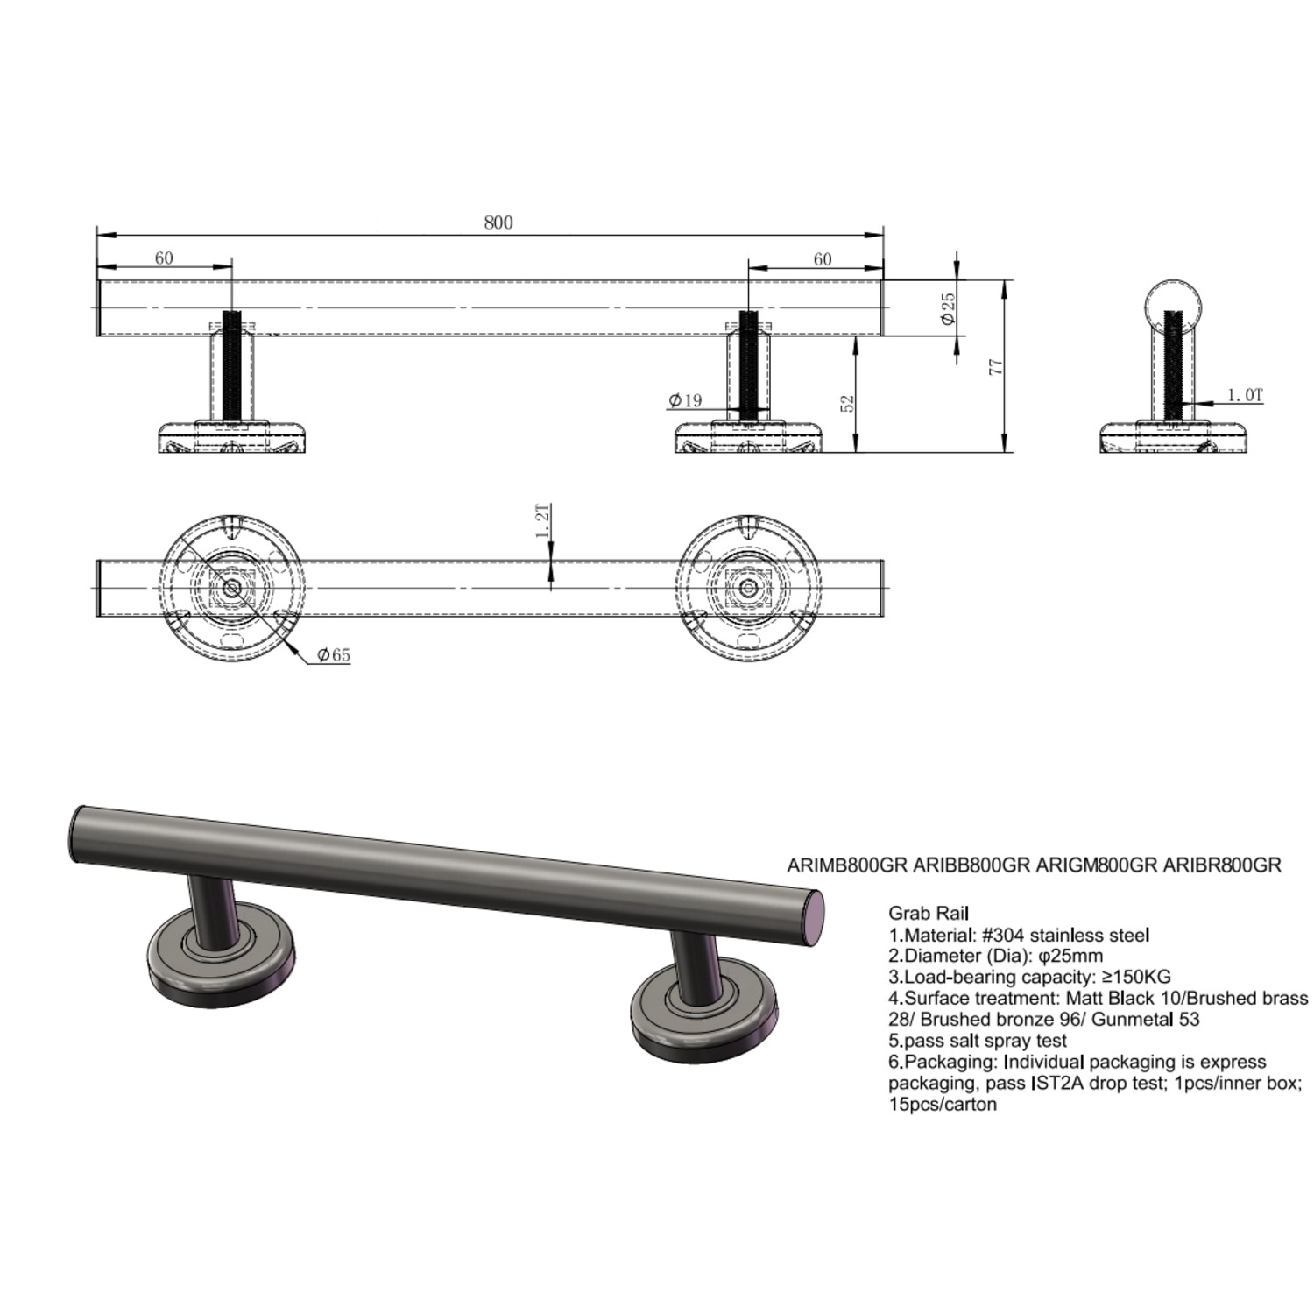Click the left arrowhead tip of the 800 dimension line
[x=97, y=235]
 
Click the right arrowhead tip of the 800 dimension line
[x=883, y=235]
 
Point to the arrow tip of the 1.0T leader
[x=1183, y=404]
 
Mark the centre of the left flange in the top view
[x=231, y=588]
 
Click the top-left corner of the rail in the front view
[x=97, y=280]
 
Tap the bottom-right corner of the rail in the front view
[x=883, y=336]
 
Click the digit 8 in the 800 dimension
[x=489, y=223]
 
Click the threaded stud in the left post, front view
[x=231, y=367]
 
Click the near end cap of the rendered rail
[x=815, y=917]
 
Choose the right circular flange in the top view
[x=748, y=588]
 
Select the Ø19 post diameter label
[x=685, y=400]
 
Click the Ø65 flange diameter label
[x=333, y=654]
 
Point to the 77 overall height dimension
[x=995, y=366]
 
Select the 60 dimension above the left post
[x=164, y=258]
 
